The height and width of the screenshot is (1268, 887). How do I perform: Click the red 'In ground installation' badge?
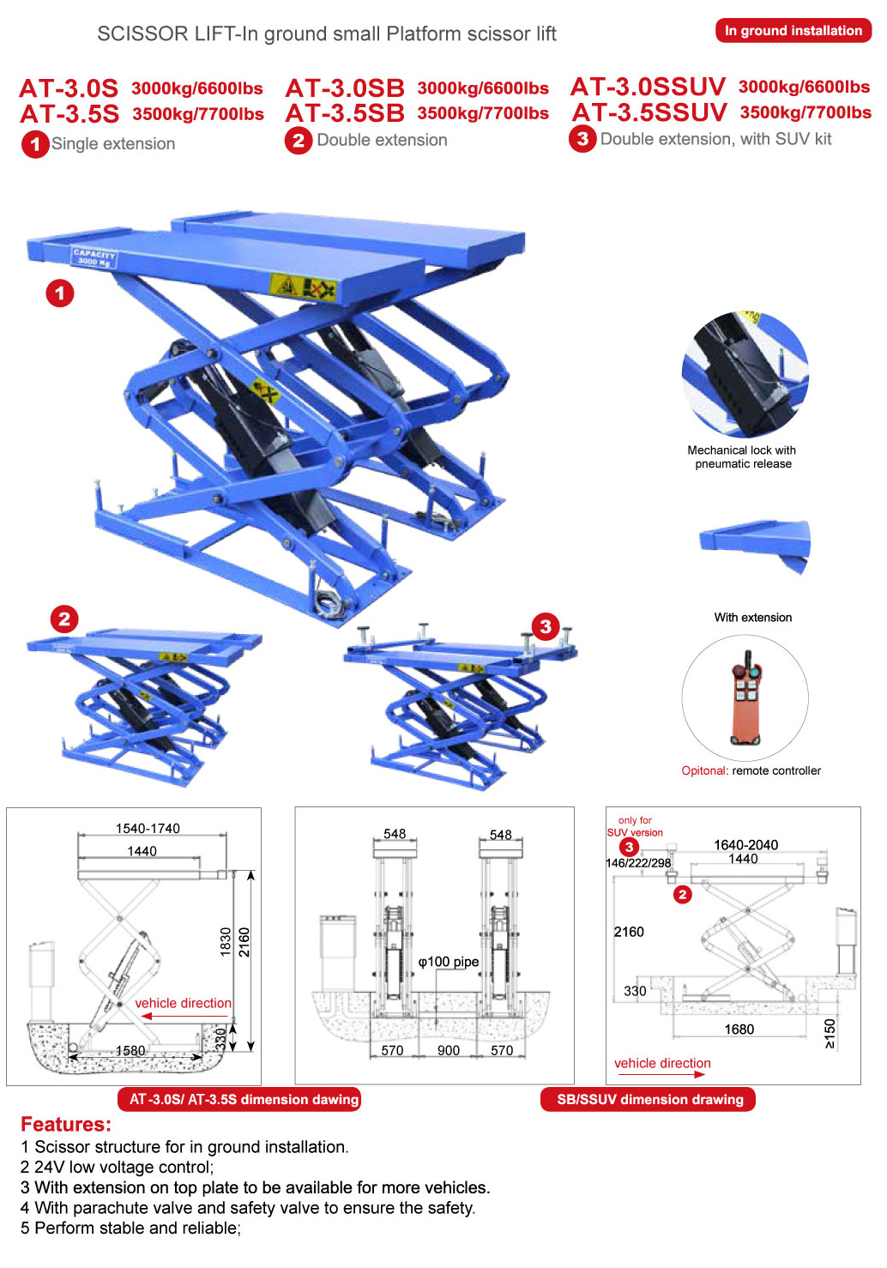pos(793,31)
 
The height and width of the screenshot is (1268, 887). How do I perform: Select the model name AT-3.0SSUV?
pos(648,87)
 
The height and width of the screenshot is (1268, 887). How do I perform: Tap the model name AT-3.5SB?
pos(345,113)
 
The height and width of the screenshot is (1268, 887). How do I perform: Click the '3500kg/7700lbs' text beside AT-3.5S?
pos(198,114)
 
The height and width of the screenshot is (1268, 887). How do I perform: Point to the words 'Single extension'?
pos(113,144)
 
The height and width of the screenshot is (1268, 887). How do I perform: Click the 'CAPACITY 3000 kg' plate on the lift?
pos(94,257)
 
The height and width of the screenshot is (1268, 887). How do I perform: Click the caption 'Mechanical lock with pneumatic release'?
pos(742,456)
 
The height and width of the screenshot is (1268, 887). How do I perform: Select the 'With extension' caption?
pos(753,617)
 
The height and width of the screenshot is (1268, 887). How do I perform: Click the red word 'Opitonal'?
pos(703,770)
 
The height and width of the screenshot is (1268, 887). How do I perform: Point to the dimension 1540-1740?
pos(148,828)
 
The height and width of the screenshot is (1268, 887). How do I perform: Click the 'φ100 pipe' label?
pos(449,962)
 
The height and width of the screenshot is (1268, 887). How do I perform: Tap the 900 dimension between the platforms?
pos(449,1051)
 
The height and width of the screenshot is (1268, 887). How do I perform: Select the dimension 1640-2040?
pos(746,844)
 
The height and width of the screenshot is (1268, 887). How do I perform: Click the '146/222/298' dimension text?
pos(638,863)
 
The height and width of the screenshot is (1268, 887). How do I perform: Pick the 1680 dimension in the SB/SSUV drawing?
pos(739,1029)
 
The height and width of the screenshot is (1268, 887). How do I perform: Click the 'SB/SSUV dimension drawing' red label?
pos(649,1099)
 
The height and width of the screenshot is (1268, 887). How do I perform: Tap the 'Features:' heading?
pos(66,1124)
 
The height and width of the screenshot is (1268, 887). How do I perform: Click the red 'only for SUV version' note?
pos(635,826)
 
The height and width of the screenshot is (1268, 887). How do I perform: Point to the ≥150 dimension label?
pos(830,1034)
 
